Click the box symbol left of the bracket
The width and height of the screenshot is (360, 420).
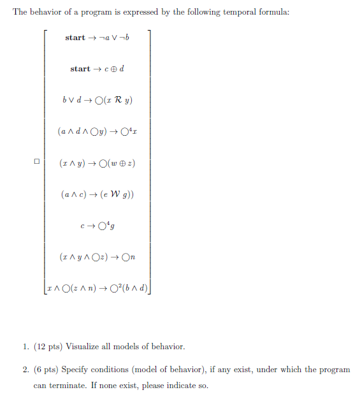(37, 162)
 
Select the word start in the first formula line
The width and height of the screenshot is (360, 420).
(75, 38)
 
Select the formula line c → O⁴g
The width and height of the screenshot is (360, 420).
(98, 225)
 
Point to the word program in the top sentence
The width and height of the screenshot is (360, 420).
(97, 13)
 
